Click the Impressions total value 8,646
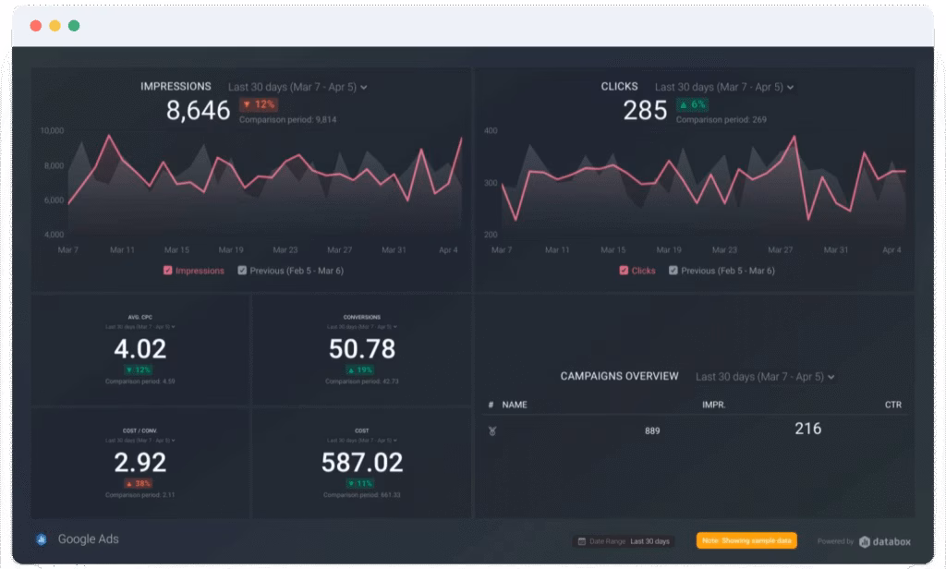pos(198,111)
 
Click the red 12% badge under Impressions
pos(259,104)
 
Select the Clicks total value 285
pos(645,111)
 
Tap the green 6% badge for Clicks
pos(692,104)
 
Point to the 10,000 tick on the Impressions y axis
pos(52,131)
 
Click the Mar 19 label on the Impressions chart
pos(231,250)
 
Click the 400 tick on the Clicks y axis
pos(490,131)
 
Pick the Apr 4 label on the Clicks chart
pos(891,250)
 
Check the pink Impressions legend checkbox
pos(167,271)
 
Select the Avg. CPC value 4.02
pos(140,349)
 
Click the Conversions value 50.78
pos(362,349)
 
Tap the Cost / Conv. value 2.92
pos(140,462)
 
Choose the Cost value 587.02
pos(362,462)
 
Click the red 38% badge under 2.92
pos(139,483)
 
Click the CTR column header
pos(892,405)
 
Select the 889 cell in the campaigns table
pos(652,430)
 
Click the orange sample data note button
pos(746,540)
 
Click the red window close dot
pos(36,26)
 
